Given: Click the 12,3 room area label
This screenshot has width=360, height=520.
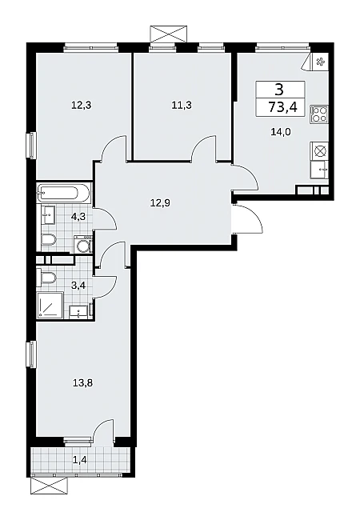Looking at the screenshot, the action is pos(81,106).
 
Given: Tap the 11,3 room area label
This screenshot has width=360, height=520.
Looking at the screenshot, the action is pos(182,106).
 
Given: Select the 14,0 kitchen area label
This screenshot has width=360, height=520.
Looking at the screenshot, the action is pos(281,132).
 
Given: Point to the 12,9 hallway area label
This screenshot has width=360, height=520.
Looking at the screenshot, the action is pos(160,202).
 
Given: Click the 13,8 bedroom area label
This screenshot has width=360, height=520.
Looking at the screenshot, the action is pos(82,383).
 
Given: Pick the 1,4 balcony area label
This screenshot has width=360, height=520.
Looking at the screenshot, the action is pos(81,459).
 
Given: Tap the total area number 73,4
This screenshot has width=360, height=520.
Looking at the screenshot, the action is pos(282,107).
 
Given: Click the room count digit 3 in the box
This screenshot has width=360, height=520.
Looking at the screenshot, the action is pos(279,89).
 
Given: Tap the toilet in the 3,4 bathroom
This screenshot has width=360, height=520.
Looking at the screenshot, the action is pos(48,278).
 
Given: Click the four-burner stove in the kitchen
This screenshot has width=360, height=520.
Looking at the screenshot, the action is pos(319,114).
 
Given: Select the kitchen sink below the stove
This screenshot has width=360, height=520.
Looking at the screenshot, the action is pos(319,169).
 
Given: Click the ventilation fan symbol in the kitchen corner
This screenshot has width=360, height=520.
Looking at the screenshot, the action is pos(320,62).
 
